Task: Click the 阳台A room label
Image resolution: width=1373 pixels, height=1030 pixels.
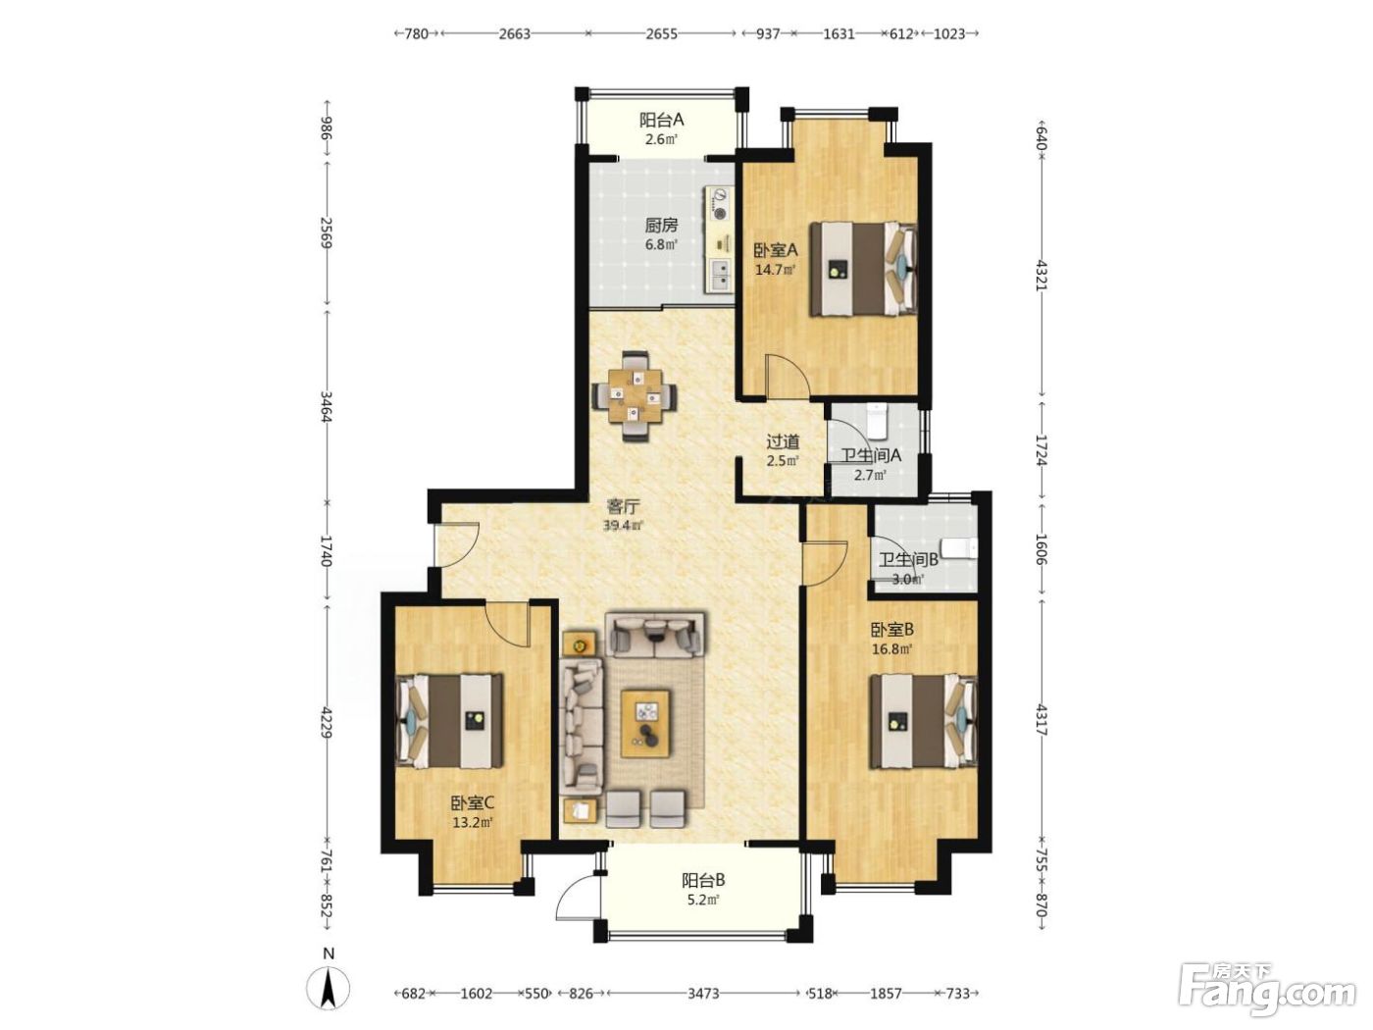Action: [661, 120]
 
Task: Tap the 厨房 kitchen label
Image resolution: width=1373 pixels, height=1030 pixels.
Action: [661, 225]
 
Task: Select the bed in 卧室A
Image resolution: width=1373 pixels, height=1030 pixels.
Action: [863, 269]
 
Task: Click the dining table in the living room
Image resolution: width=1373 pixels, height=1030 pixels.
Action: [635, 396]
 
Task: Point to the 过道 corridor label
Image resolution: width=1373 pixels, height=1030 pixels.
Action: [783, 442]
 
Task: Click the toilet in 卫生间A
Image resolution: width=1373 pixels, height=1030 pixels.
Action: [877, 420]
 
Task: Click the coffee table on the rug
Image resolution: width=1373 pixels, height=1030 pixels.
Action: [645, 723]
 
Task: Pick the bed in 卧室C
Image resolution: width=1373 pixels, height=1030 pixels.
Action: [450, 720]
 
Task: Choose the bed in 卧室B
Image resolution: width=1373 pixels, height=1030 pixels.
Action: [923, 721]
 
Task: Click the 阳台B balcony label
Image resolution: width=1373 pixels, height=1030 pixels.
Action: [703, 881]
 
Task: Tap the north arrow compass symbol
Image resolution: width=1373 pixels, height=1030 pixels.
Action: [329, 992]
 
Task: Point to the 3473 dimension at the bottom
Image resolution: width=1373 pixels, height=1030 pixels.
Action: [704, 993]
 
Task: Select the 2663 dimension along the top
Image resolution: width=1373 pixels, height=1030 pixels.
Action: [514, 33]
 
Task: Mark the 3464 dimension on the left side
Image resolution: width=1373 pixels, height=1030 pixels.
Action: [326, 406]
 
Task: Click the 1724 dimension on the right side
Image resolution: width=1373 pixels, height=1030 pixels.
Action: [1041, 450]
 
